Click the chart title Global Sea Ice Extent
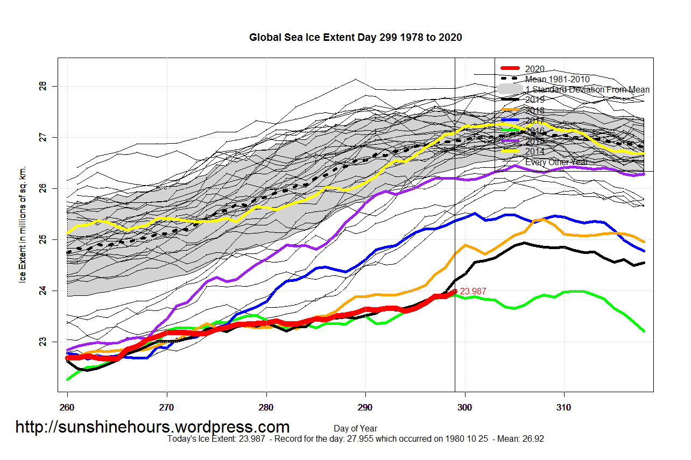pos(355,38)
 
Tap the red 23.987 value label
pos(473,292)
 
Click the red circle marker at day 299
pos(455,292)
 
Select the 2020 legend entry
pos(534,69)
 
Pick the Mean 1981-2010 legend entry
pos(557,79)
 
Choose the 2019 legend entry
pos(534,100)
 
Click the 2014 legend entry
pos(534,152)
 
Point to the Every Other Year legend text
pos(556,162)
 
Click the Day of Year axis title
pos(355,429)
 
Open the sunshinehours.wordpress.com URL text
pos(152,427)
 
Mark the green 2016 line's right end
pos(644,331)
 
